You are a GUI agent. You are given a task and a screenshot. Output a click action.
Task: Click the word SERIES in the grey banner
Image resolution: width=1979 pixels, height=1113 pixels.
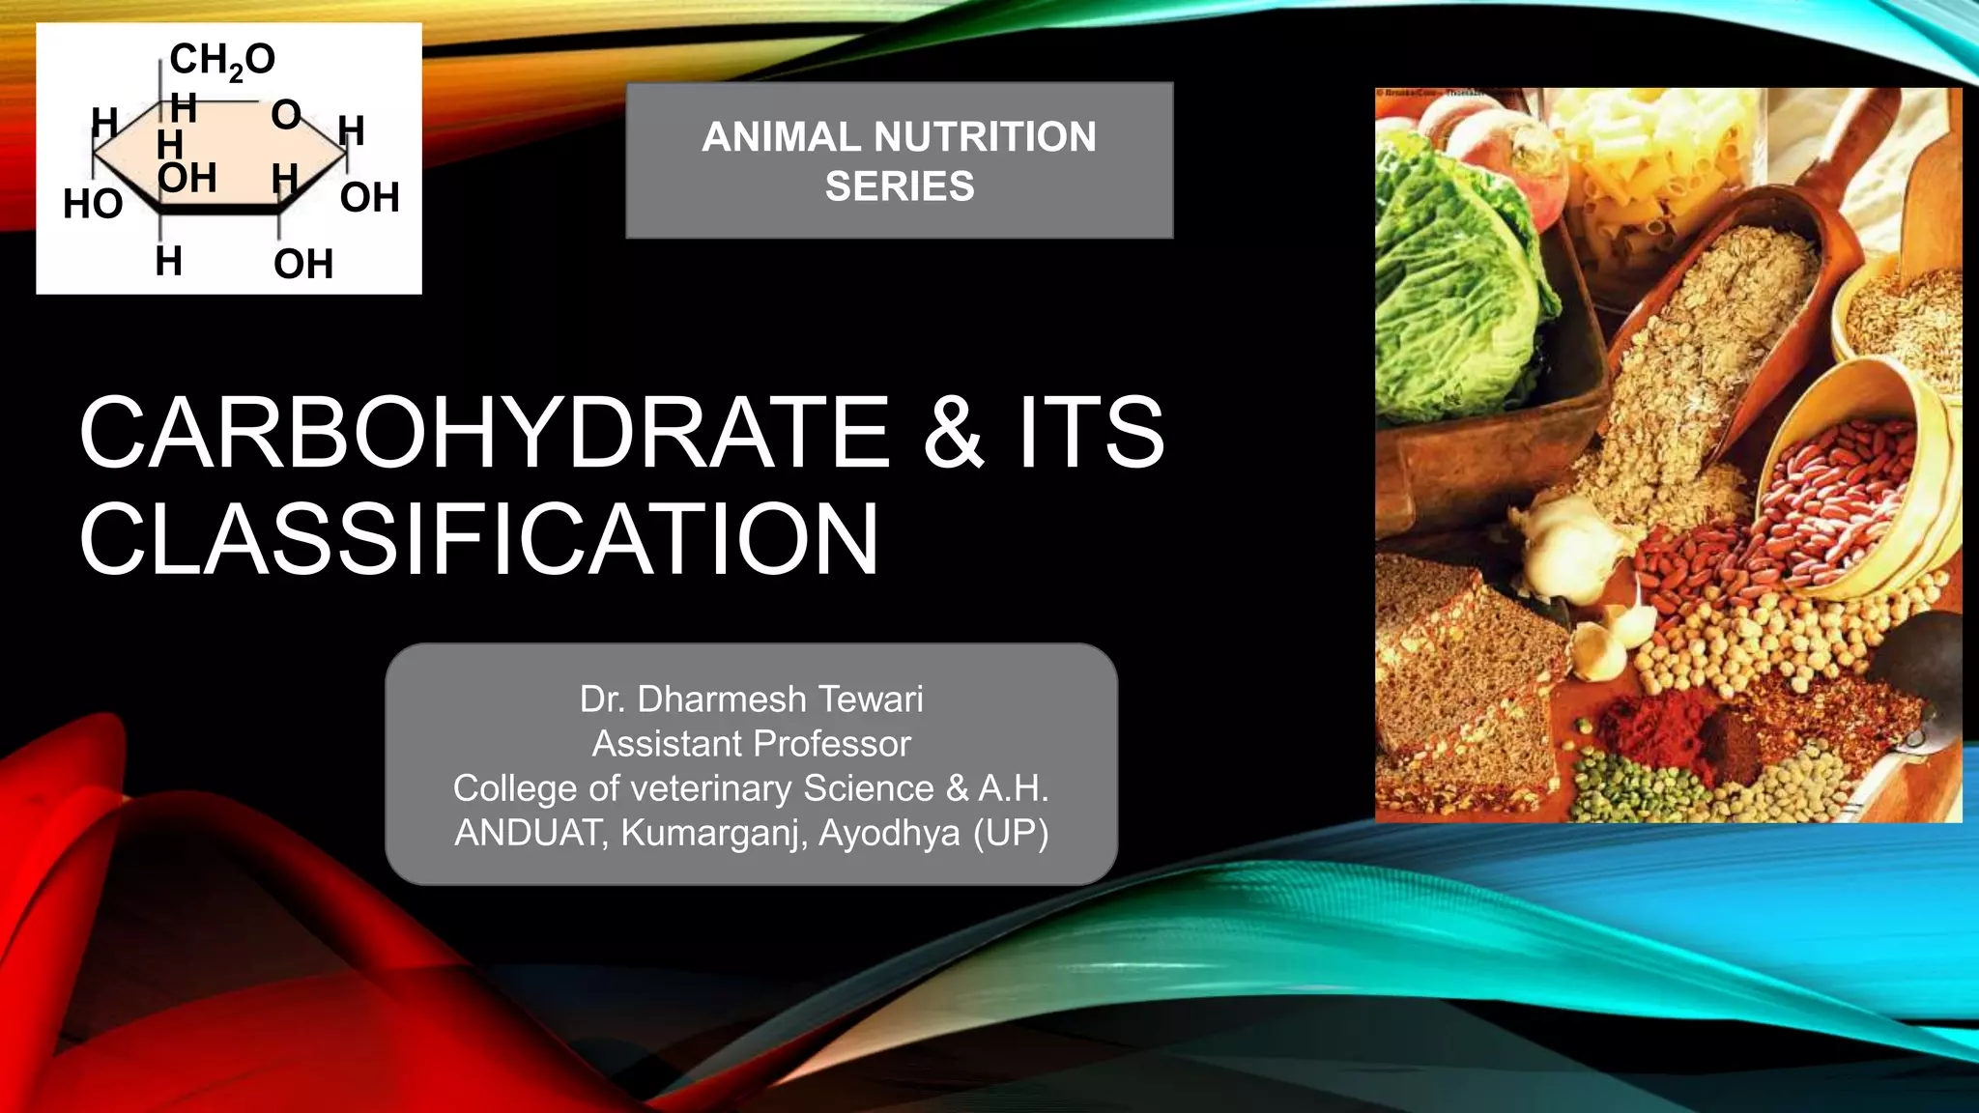900,185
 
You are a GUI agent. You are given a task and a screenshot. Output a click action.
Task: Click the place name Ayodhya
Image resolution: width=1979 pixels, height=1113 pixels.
889,832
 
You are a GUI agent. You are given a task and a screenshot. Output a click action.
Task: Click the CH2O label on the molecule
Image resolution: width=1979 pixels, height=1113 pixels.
221,60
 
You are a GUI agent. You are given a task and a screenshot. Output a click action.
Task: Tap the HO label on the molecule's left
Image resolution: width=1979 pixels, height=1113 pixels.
93,204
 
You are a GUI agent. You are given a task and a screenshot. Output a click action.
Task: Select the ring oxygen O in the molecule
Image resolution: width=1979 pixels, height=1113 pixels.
286,115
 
